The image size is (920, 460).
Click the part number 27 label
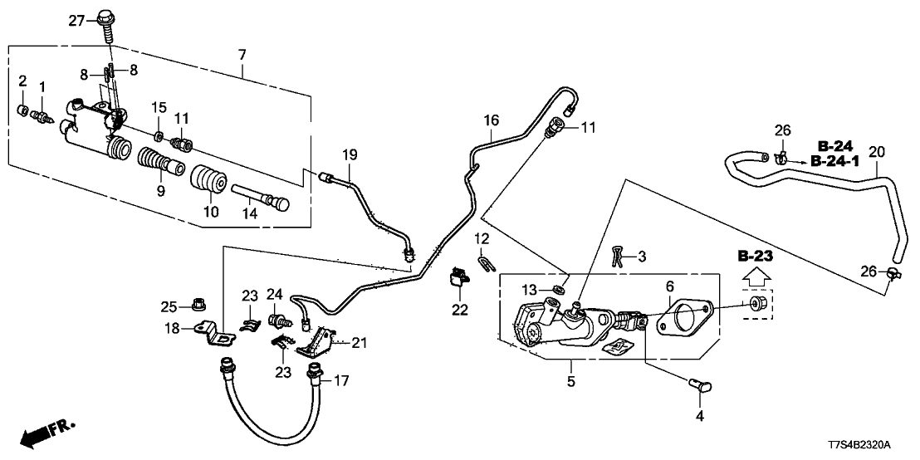coord(76,19)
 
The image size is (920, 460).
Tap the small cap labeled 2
coord(25,110)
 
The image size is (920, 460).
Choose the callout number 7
coord(242,55)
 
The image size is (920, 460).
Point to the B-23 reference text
coord(755,257)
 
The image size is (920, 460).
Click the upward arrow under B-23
coord(755,276)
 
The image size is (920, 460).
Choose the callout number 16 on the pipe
coord(491,121)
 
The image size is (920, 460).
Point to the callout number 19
coord(349,154)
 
